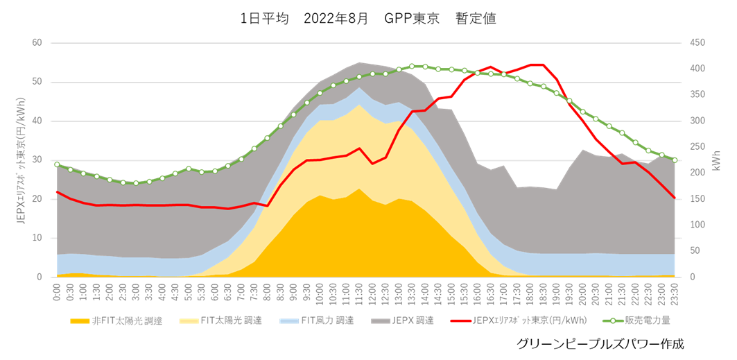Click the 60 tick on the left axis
click(x=37, y=43)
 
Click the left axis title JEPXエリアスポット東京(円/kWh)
click(x=20, y=160)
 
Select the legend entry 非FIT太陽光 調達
click(x=118, y=321)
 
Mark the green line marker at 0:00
click(x=57, y=164)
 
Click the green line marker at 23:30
click(x=675, y=160)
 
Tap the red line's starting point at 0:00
click(x=57, y=191)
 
